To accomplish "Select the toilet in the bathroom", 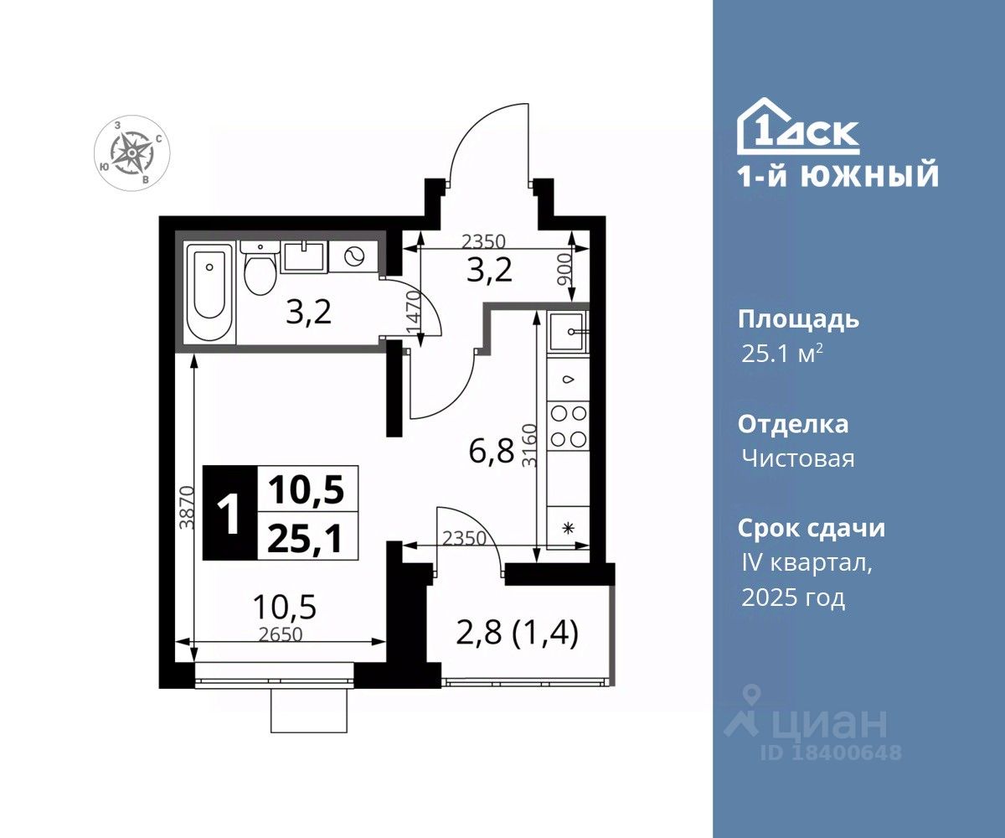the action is (x=260, y=270).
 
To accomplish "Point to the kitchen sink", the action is (x=568, y=331).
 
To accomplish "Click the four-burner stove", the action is (x=569, y=426).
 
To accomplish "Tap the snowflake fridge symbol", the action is (x=569, y=529).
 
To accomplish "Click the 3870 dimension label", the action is (x=186, y=508).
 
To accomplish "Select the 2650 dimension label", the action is (x=280, y=634).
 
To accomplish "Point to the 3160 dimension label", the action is (x=529, y=445).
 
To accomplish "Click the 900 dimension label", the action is (x=565, y=269).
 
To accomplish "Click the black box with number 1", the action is (x=230, y=513).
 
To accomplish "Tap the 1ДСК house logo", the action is (x=798, y=127).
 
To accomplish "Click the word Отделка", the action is (x=793, y=425).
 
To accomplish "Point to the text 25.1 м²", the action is (x=782, y=354).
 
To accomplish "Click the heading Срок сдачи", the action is (x=812, y=528).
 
